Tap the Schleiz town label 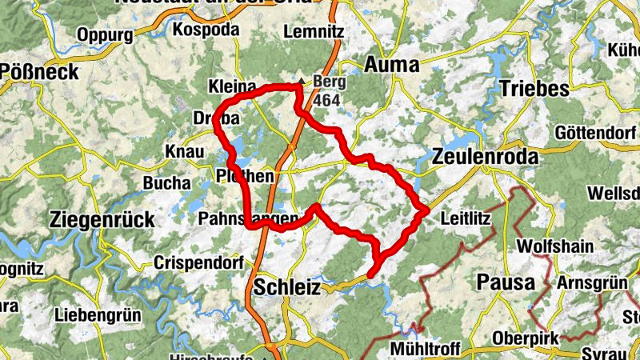287,286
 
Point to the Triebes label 534,88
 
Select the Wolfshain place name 556,245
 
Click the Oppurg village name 105,34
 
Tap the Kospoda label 206,29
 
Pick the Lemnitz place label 313,33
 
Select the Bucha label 165,183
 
